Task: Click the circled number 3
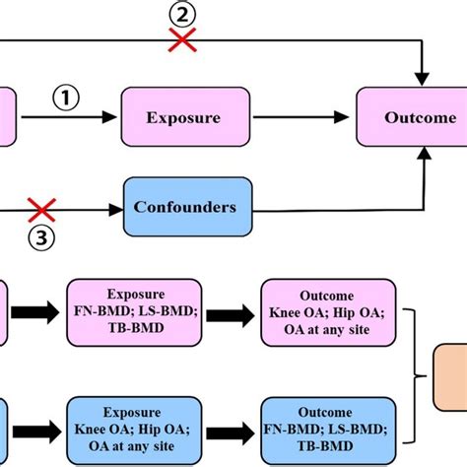point(42,236)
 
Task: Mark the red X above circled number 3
point(41,210)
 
